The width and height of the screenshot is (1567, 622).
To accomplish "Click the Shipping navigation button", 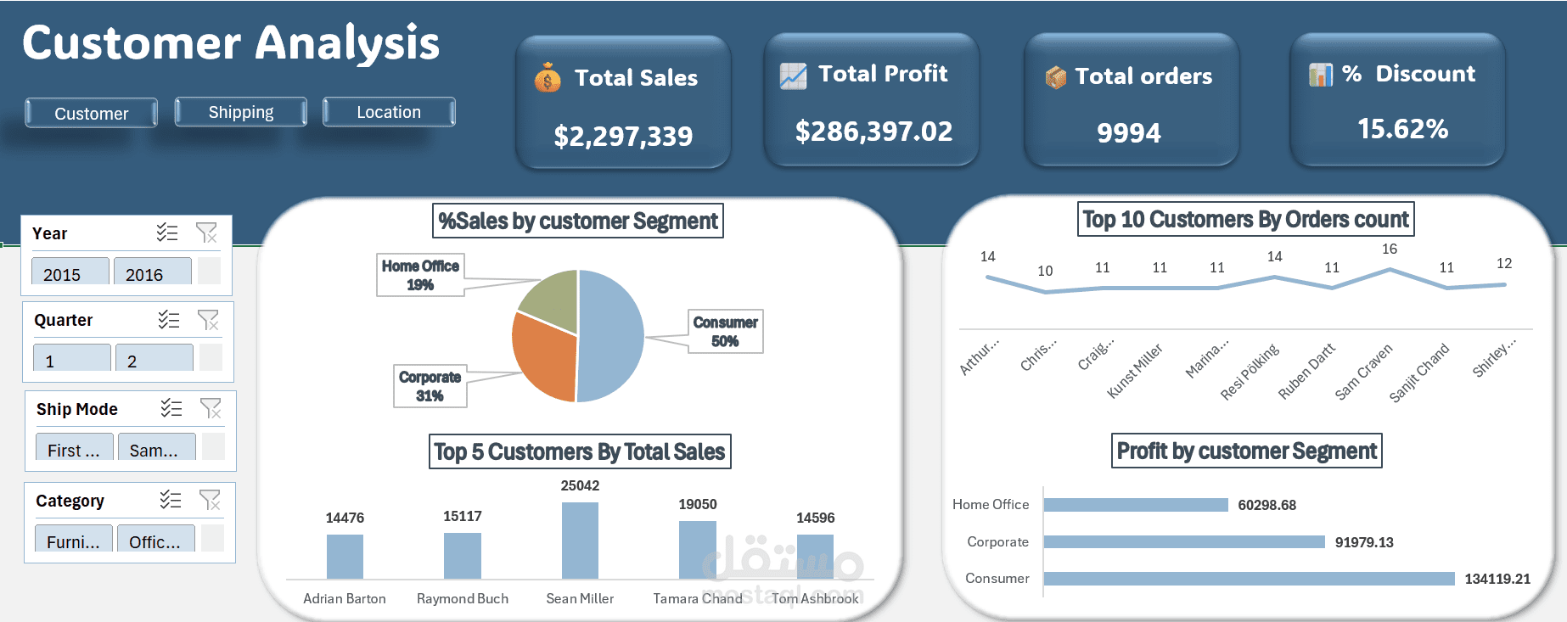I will point(241,112).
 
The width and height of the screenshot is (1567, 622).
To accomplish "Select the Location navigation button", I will point(389,112).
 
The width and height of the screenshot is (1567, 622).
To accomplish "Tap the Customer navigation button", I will point(92,113).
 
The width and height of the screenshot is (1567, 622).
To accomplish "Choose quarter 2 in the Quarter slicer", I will point(154,360).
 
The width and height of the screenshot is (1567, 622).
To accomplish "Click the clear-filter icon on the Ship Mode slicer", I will point(211,409).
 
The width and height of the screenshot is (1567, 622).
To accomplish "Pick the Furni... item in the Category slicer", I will point(72,541).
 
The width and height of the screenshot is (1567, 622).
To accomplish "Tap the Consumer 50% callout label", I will point(725,331).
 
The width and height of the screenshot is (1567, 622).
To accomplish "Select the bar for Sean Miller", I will point(580,541).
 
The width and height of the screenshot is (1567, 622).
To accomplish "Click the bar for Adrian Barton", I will point(345,557).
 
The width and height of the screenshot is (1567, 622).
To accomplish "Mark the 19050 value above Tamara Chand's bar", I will point(698,504).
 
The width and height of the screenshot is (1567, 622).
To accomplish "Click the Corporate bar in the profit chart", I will point(1183,541).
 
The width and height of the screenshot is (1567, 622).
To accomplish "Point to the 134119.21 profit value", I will point(1497,579).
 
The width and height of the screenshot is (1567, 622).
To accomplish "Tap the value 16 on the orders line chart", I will point(1390,249).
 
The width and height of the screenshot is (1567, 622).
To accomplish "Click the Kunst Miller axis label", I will point(1136,370).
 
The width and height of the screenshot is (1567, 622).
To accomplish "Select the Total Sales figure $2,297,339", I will point(623,136).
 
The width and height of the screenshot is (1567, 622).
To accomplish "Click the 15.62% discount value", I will point(1402,129).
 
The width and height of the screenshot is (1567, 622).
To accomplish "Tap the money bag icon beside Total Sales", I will point(548,78).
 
